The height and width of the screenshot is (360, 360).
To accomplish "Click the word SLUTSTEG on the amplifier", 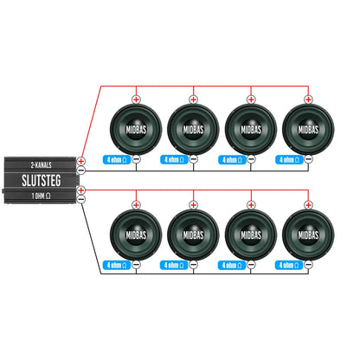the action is [x=42, y=180].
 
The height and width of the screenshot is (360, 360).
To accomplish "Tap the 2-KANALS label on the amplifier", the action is [x=42, y=165].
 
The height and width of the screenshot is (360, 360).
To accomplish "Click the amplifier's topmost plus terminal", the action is [x=81, y=161].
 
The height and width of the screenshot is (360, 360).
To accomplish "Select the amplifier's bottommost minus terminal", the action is [x=81, y=199].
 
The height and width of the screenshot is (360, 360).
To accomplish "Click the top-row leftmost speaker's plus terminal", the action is [x=136, y=100].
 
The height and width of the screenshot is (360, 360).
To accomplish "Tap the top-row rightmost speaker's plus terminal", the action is [x=308, y=100].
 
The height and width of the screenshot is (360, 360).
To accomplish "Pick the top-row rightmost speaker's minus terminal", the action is [x=308, y=159].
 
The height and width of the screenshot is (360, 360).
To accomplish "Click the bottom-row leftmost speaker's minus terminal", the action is [x=136, y=265].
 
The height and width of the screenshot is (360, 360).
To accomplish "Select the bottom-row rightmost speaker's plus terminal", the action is [x=308, y=205].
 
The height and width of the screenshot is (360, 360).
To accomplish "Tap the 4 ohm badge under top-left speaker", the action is [x=117, y=159].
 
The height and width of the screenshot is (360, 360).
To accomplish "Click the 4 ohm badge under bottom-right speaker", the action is [x=289, y=265].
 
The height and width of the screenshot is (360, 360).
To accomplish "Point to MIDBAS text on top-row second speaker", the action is [x=193, y=130].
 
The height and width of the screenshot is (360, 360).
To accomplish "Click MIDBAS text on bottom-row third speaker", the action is [x=251, y=235].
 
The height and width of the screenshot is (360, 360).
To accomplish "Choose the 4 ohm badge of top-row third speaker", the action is [x=232, y=159].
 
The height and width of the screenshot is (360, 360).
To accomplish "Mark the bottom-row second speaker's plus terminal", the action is [x=193, y=205].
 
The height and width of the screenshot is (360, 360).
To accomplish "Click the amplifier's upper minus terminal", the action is [x=81, y=170].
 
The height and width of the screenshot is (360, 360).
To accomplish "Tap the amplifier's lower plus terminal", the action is [x=81, y=190].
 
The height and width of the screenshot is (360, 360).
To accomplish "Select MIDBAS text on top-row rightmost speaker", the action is [x=308, y=130].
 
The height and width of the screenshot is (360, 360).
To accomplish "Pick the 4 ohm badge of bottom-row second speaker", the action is [x=174, y=265].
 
